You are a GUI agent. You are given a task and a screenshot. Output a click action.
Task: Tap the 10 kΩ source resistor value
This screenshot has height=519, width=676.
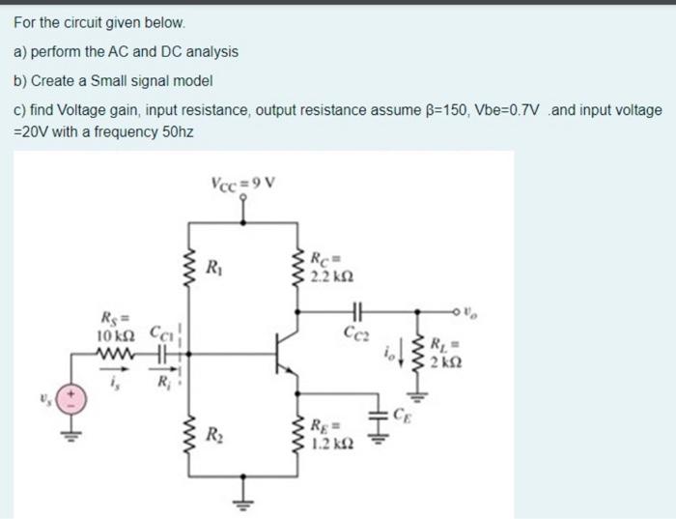[117, 334]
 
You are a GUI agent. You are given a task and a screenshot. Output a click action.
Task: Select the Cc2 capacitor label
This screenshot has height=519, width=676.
[356, 332]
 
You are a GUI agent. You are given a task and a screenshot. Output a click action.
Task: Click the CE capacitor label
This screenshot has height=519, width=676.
[402, 418]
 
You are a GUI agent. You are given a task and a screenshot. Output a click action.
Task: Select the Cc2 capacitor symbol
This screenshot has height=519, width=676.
[356, 311]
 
